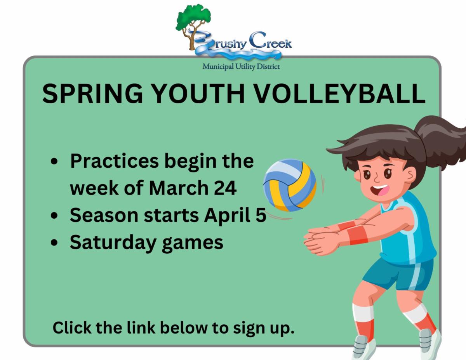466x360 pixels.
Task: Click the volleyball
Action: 290,185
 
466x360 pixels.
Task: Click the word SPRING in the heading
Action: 93,94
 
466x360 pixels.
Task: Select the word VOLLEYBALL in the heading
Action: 341,94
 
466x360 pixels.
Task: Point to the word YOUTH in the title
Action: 199,94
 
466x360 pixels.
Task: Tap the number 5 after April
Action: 261,215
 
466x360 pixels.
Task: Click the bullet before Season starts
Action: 54,215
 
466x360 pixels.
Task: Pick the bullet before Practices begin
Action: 54,161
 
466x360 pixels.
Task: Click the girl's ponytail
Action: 442,139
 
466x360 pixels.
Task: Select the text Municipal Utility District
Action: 241,67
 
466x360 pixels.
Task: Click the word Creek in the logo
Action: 271,41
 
